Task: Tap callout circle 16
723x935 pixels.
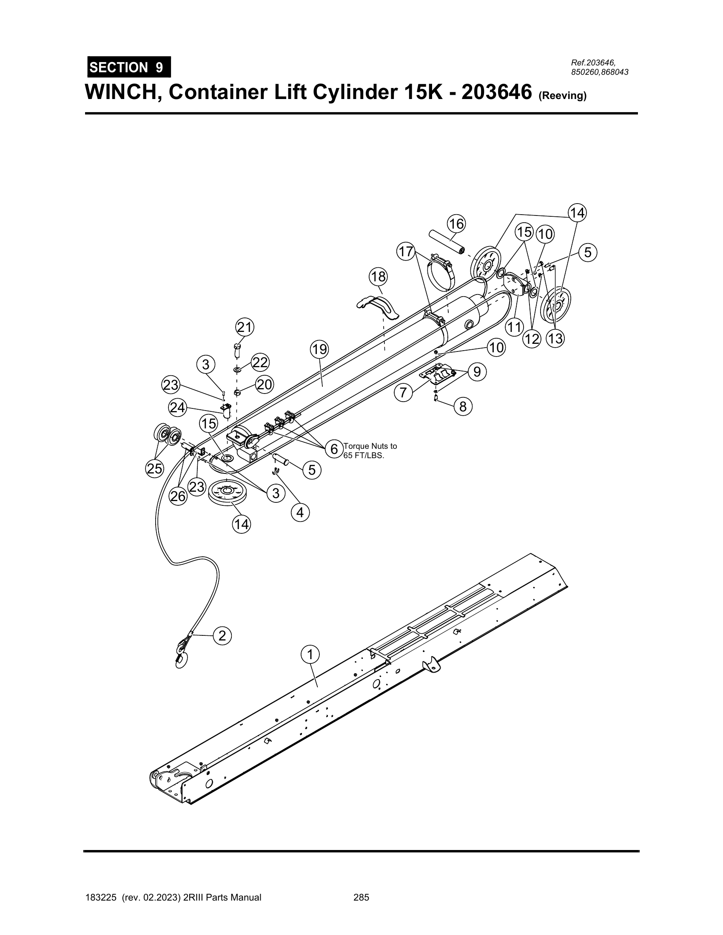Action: (456, 224)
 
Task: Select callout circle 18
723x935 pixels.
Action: (378, 277)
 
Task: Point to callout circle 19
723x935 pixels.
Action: (319, 350)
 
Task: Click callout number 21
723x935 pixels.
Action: (245, 328)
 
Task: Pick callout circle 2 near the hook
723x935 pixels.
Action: (222, 636)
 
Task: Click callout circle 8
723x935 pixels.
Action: (463, 406)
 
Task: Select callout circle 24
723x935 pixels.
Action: (178, 407)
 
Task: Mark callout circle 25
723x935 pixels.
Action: (155, 469)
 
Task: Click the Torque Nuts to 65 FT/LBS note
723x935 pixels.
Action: (370, 450)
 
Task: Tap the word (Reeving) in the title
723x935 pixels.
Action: (562, 96)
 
